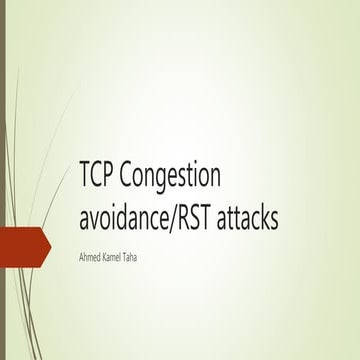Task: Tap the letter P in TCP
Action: click(x=114, y=176)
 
